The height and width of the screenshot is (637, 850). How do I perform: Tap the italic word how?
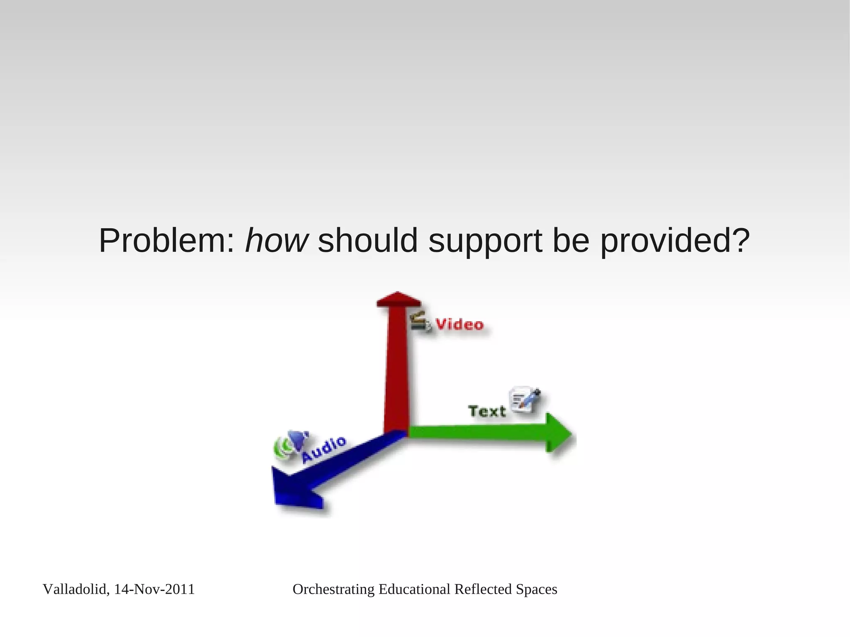pos(276,241)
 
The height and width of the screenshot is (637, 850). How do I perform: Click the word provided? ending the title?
pos(675,241)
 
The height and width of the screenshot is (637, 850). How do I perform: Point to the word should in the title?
pos(367,241)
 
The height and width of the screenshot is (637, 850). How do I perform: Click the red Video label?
pos(459,324)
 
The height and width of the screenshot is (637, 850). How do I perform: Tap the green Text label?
pos(487,411)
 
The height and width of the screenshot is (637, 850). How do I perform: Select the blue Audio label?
pos(323,449)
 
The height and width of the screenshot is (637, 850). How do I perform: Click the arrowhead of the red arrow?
pos(398,299)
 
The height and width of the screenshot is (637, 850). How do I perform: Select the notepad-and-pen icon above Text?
pos(525,399)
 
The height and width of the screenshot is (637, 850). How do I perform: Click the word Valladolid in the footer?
pos(76,589)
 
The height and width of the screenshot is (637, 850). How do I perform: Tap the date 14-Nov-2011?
pos(154,589)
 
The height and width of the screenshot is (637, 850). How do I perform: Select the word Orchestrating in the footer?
pos(333,589)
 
